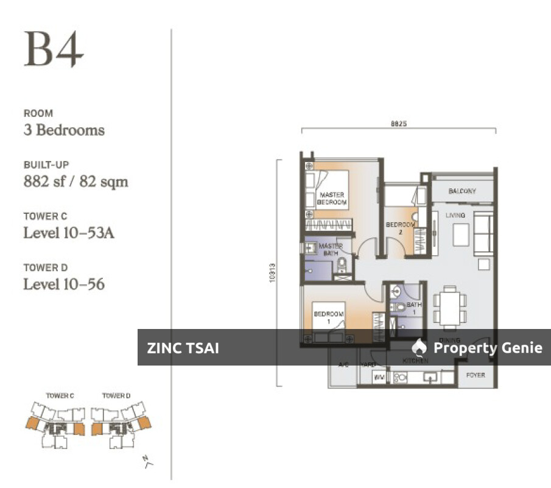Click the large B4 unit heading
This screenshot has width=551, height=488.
pyautogui.click(x=54, y=50)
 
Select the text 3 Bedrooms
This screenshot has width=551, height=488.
pyautogui.click(x=64, y=130)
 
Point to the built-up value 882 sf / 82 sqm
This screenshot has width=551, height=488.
pyautogui.click(x=75, y=182)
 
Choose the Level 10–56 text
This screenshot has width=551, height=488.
pyautogui.click(x=64, y=284)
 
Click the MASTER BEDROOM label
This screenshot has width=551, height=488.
pyautogui.click(x=332, y=199)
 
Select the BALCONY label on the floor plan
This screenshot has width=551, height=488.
pyautogui.click(x=462, y=191)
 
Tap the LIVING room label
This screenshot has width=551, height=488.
pyautogui.click(x=455, y=216)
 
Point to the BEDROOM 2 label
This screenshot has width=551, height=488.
pyautogui.click(x=400, y=228)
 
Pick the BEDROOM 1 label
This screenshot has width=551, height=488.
pyautogui.click(x=329, y=317)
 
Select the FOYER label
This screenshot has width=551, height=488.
pyautogui.click(x=476, y=375)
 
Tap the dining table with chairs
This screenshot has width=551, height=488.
pyautogui.click(x=450, y=308)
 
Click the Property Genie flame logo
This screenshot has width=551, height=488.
pyautogui.click(x=419, y=347)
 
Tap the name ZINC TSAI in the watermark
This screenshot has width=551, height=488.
pyautogui.click(x=183, y=348)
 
